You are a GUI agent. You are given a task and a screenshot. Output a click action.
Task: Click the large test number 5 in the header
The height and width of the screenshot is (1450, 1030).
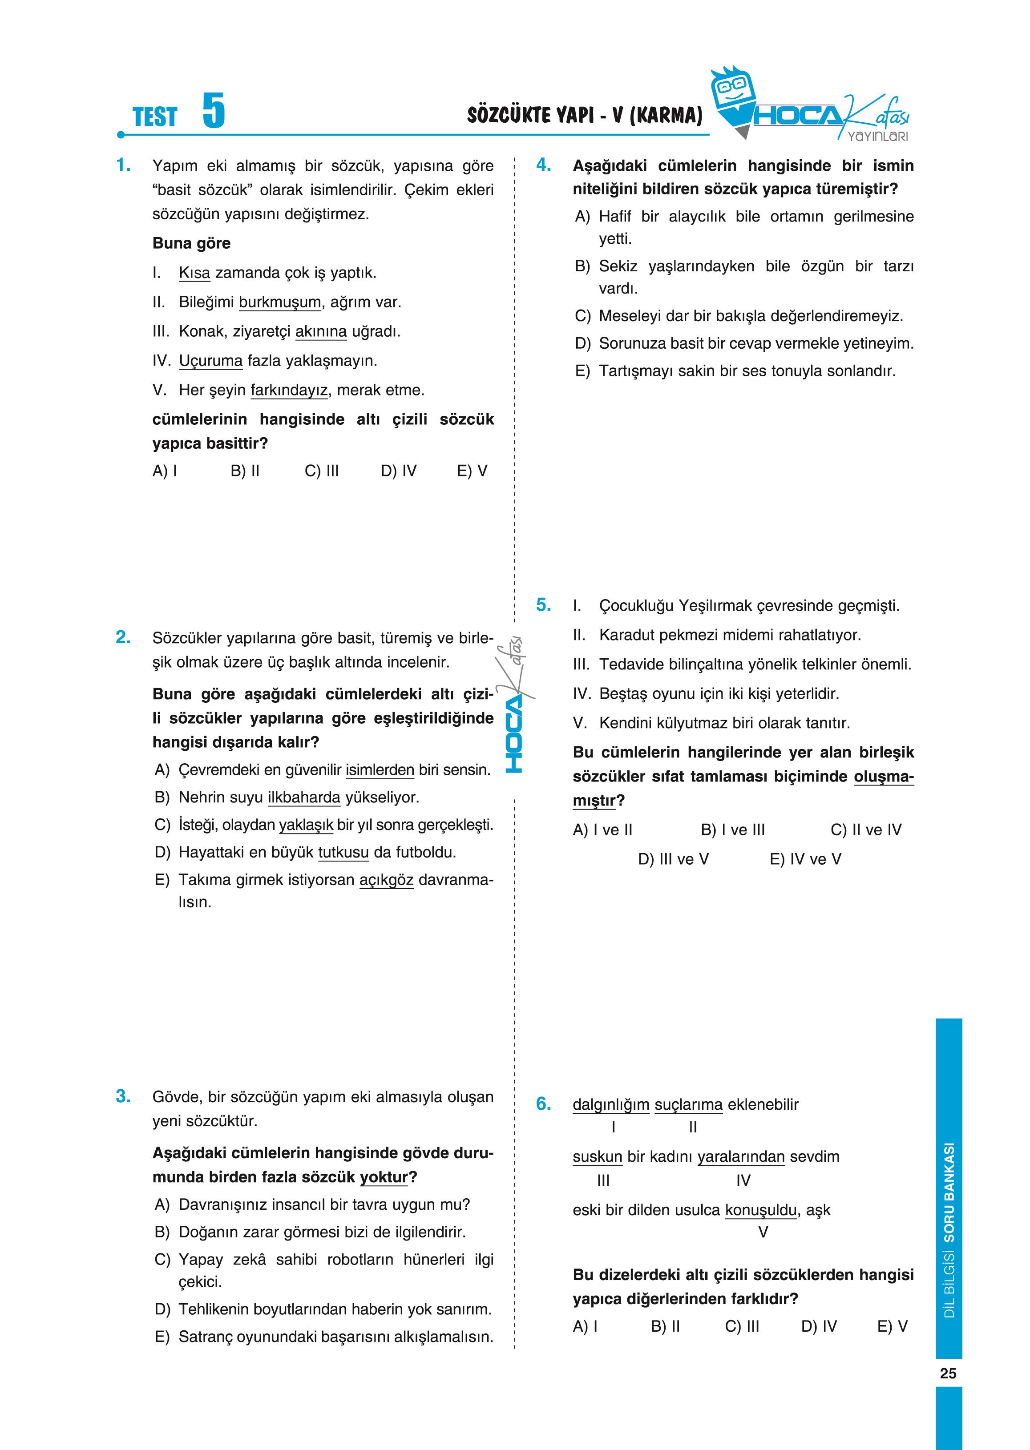click(214, 111)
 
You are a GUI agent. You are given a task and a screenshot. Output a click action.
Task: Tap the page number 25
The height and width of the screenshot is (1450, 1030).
click(948, 1373)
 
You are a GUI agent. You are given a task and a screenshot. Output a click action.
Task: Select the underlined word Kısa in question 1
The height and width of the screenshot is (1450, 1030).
click(194, 273)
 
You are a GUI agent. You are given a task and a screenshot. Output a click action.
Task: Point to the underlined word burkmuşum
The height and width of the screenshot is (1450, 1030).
click(280, 302)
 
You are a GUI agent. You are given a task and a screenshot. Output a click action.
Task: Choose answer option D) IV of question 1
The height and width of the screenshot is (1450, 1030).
click(398, 471)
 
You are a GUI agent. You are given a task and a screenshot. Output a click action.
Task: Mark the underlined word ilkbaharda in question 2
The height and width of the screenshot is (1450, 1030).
click(304, 797)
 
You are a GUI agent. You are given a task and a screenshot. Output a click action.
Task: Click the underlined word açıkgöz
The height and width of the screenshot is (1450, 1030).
click(386, 880)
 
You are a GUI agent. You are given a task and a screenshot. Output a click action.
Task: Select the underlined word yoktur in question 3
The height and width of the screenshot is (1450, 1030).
click(384, 1177)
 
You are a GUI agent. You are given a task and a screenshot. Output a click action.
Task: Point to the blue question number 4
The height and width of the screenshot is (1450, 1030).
click(544, 165)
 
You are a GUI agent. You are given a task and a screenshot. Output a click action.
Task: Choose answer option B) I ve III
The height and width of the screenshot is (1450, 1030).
click(732, 830)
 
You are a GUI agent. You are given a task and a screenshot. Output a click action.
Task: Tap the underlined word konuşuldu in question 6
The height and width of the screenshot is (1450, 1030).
click(760, 1210)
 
